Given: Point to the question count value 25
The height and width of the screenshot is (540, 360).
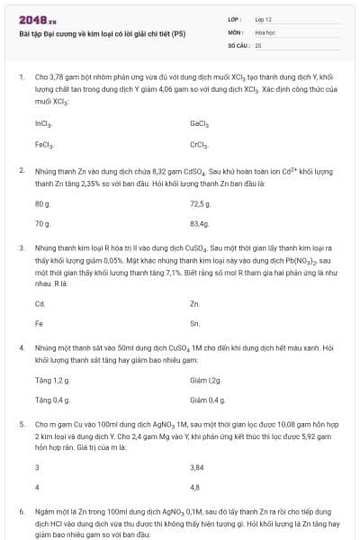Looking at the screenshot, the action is pyautogui.click(x=258, y=44).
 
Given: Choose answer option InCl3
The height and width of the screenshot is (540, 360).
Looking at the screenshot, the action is pyautogui.click(x=43, y=123).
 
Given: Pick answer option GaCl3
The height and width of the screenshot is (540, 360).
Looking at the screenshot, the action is pyautogui.click(x=200, y=123).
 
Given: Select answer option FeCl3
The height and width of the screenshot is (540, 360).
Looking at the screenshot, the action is pyautogui.click(x=44, y=143).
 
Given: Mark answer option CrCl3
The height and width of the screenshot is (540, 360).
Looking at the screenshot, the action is pyautogui.click(x=200, y=143).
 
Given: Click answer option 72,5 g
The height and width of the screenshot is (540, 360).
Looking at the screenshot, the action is pyautogui.click(x=200, y=203).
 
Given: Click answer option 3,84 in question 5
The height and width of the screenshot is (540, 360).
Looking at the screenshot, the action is pyautogui.click(x=198, y=467).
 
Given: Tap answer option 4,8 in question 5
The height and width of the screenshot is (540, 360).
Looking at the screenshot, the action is pyautogui.click(x=195, y=487).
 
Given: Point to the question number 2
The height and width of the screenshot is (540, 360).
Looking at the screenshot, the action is pyautogui.click(x=22, y=169).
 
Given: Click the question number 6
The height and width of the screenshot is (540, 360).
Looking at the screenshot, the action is pyautogui.click(x=22, y=511).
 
